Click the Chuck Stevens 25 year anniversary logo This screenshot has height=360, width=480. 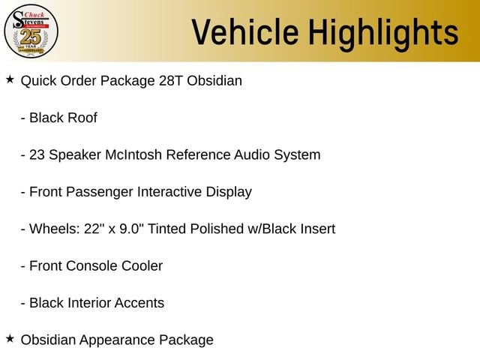(31, 31)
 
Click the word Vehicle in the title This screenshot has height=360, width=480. (245, 31)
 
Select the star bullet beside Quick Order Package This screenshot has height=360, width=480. (10, 79)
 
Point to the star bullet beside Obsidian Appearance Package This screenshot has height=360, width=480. (10, 338)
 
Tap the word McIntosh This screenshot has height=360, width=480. (133, 154)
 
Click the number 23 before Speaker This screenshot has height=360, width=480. (37, 155)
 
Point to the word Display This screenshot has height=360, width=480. (229, 192)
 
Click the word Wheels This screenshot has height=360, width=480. (55, 229)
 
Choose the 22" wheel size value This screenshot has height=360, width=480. (92, 229)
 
